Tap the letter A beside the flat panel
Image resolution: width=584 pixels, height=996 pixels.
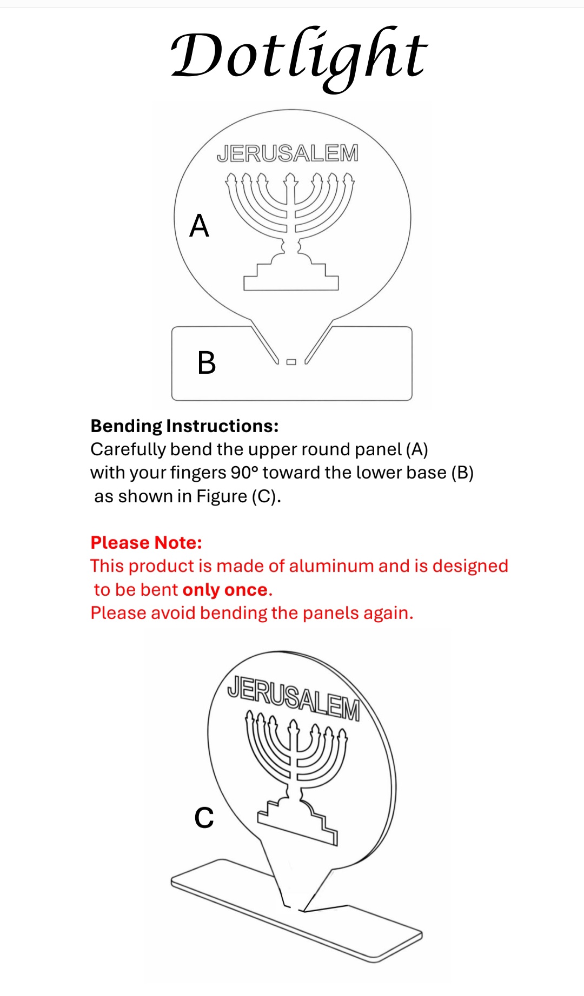click(x=199, y=226)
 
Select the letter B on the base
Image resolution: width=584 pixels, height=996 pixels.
click(x=207, y=362)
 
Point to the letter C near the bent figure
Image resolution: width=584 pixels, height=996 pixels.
click(x=204, y=818)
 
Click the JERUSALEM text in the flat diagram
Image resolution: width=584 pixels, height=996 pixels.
click(x=288, y=153)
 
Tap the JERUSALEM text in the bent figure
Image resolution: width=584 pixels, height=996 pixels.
click(x=294, y=697)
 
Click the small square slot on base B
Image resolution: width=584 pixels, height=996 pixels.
click(x=291, y=362)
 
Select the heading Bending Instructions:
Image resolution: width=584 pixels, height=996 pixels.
click(x=184, y=426)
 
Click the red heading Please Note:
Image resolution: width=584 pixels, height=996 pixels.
click(x=146, y=542)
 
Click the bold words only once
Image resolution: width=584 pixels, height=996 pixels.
click(x=225, y=590)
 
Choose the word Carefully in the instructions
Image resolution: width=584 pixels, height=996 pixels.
click(x=128, y=449)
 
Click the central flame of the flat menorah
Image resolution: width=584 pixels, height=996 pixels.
click(x=291, y=178)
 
